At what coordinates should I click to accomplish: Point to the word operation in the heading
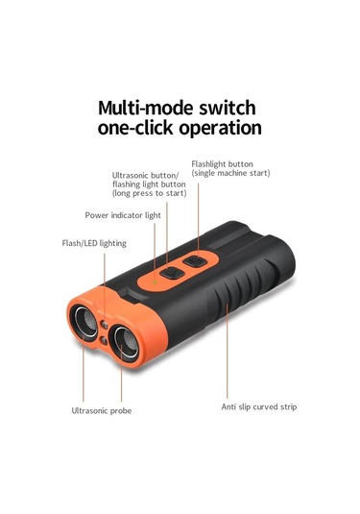[x=222, y=127]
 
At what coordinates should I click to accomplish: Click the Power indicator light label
[x=122, y=215]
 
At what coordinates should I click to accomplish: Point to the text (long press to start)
[x=150, y=193]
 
